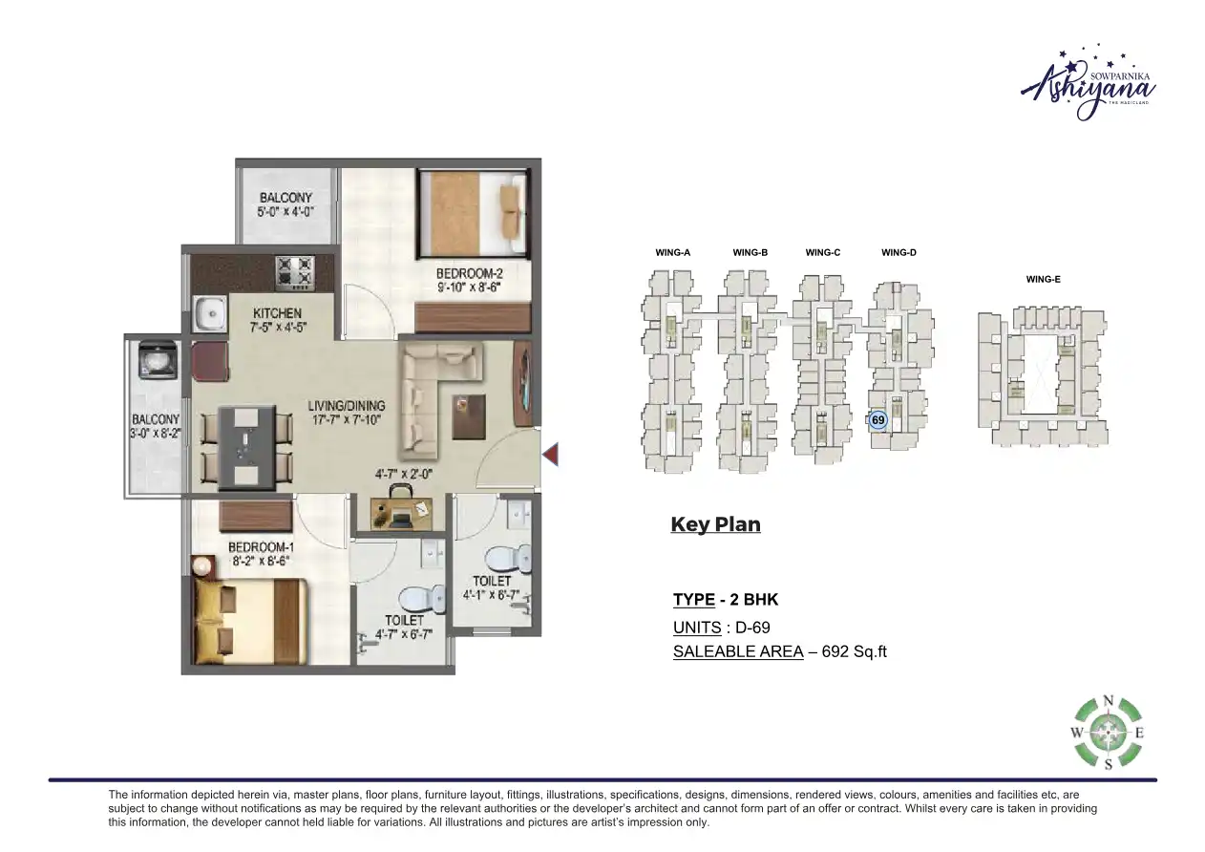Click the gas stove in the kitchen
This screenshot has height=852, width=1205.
click(x=294, y=271)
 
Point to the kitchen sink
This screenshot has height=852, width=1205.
click(x=207, y=313)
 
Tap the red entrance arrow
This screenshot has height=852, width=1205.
click(x=550, y=456)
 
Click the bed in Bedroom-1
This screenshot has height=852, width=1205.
click(x=248, y=620)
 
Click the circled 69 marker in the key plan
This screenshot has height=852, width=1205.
click(x=878, y=419)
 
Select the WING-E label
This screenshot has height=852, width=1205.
click(x=1043, y=280)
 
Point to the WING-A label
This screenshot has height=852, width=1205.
click(x=672, y=253)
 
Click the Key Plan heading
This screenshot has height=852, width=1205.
click(x=715, y=524)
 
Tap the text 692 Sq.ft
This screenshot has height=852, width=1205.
click(x=854, y=652)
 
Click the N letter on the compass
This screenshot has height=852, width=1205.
click(x=1108, y=700)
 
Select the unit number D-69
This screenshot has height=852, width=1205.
click(x=750, y=628)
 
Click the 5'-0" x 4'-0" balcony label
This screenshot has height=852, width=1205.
click(x=285, y=212)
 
